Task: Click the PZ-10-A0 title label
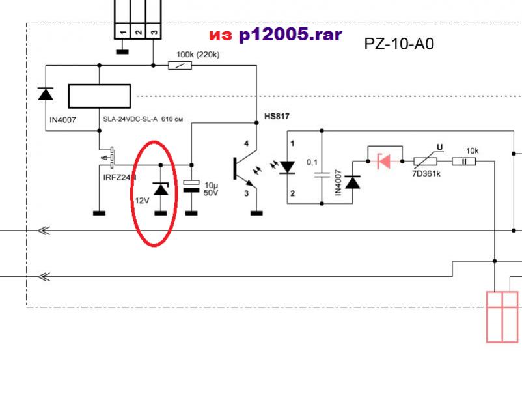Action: click(x=399, y=44)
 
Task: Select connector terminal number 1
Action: click(x=122, y=30)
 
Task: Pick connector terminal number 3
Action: click(x=153, y=30)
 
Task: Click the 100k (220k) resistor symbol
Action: click(x=178, y=65)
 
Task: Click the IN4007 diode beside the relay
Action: click(x=45, y=94)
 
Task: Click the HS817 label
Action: click(x=276, y=116)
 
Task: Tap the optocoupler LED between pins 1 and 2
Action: click(x=287, y=167)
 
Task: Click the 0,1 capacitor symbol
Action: click(x=322, y=174)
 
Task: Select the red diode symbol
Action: click(x=384, y=160)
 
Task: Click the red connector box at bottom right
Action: click(x=502, y=317)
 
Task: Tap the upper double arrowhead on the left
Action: click(x=44, y=231)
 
